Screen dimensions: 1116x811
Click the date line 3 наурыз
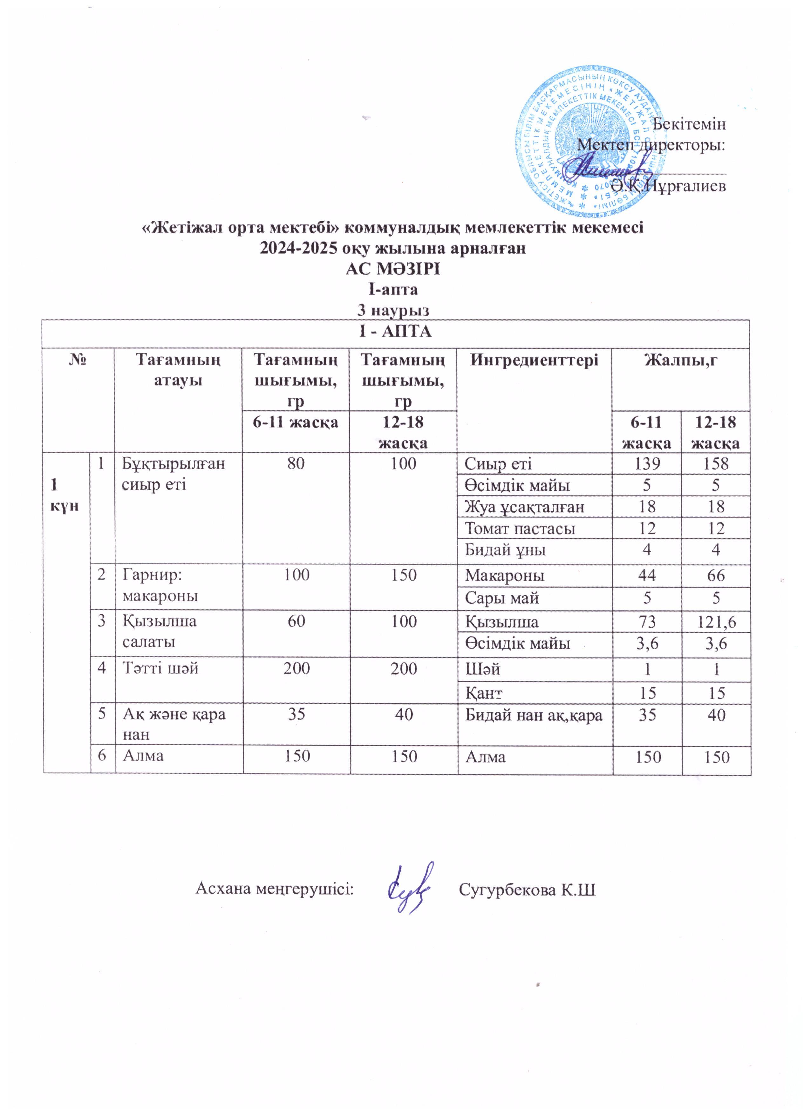click(392, 311)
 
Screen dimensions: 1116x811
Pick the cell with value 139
click(647, 464)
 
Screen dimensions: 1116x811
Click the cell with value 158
click(716, 464)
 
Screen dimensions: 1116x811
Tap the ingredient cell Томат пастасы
click(520, 528)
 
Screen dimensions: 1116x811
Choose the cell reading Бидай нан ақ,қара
click(534, 714)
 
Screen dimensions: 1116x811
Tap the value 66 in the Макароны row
click(716, 575)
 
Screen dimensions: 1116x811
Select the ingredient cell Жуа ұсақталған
click(525, 507)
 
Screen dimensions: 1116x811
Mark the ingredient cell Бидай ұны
click(505, 550)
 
